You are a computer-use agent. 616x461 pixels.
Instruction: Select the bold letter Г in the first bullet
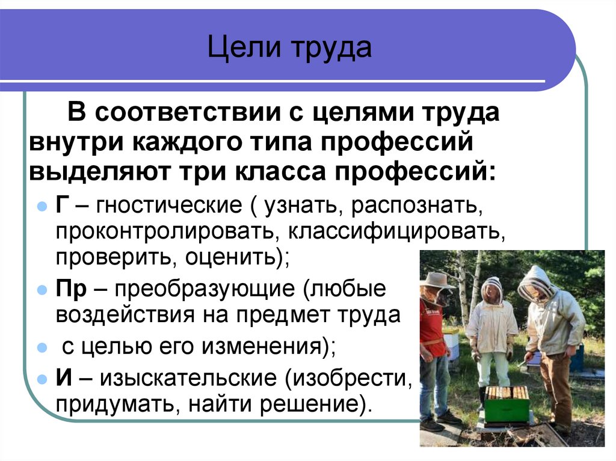63,206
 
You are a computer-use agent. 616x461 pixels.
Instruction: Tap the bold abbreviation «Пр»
70,289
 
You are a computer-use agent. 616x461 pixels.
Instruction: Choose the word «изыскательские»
189,378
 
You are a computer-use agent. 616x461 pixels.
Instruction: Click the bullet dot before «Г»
42,207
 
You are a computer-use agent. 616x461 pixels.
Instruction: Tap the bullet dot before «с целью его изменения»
42,347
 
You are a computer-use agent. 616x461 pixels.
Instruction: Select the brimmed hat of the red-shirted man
437,280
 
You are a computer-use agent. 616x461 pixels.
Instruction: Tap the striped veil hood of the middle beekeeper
492,290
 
